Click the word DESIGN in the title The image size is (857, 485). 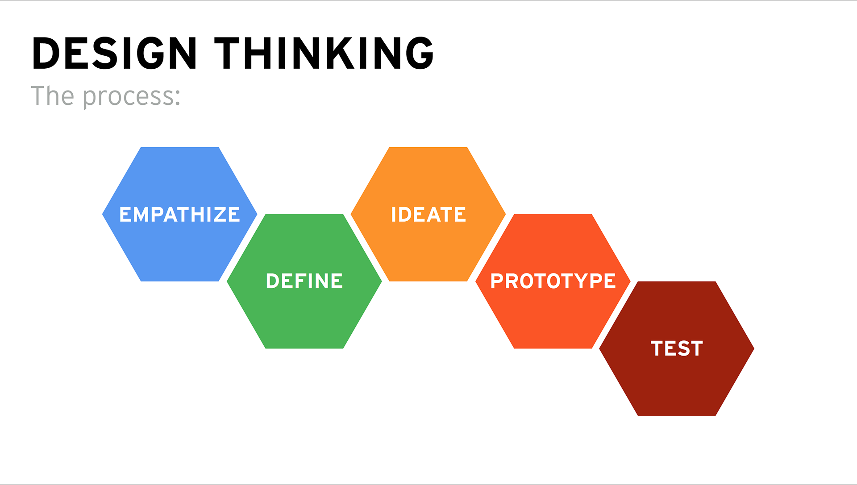point(115,53)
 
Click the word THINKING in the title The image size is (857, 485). point(324,53)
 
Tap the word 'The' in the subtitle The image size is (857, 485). point(52,95)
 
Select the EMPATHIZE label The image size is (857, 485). point(179,215)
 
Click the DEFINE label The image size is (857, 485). point(304,281)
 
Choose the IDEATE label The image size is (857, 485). point(428,215)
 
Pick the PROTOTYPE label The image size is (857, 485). point(553,281)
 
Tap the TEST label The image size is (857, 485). point(677,348)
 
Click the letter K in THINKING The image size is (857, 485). point(341,53)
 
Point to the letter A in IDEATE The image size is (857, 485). point(434,215)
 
